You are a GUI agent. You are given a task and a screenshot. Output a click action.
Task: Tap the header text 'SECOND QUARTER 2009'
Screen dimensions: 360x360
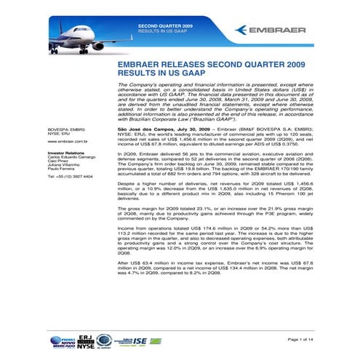point(161,26)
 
